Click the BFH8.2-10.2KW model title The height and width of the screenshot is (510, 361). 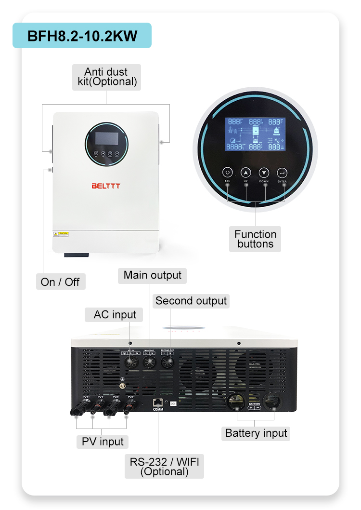click(82, 36)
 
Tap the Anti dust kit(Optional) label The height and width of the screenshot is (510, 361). click(107, 77)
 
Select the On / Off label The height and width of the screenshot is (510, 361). click(61, 282)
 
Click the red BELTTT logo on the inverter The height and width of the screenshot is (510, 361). click(105, 185)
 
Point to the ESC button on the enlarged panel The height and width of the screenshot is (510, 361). click(228, 173)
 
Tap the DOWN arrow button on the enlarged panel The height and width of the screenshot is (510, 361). click(264, 173)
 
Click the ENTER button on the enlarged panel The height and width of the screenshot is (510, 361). click(282, 173)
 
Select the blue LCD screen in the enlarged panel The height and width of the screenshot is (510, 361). click(256, 135)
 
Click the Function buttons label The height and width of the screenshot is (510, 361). click(255, 239)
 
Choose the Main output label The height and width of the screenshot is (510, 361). click(152, 275)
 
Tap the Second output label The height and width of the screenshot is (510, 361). click(191, 301)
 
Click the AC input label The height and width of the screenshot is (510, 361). click(115, 315)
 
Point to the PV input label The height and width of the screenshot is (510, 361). click(103, 442)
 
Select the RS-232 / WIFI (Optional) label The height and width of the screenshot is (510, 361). click(164, 466)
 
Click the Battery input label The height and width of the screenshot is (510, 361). click(256, 433)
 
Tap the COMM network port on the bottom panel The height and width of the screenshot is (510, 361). click(158, 402)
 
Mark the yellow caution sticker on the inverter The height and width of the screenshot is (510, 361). click(61, 234)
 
